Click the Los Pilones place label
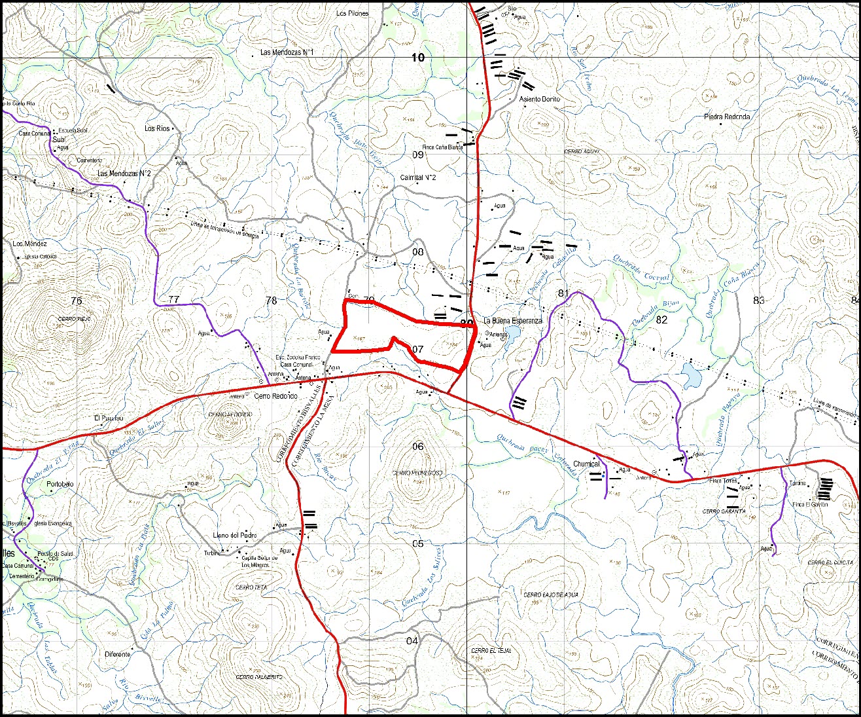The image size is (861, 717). click(x=352, y=13)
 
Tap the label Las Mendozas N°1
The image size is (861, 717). click(x=287, y=52)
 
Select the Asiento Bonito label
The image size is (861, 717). click(x=540, y=99)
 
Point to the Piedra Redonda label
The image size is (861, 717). click(x=727, y=117)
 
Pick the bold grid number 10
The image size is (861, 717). click(x=417, y=58)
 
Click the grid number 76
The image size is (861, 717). click(x=77, y=301)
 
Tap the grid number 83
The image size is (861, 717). click(x=758, y=301)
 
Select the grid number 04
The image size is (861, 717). click(x=412, y=640)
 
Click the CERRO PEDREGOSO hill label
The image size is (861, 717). click(x=417, y=473)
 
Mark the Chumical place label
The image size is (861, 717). click(x=586, y=464)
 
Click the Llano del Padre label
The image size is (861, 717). click(x=235, y=536)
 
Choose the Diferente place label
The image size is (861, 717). click(x=118, y=654)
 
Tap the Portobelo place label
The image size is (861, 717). click(x=61, y=485)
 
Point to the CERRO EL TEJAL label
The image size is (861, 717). click(x=491, y=651)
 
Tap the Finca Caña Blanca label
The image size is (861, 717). click(x=442, y=147)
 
